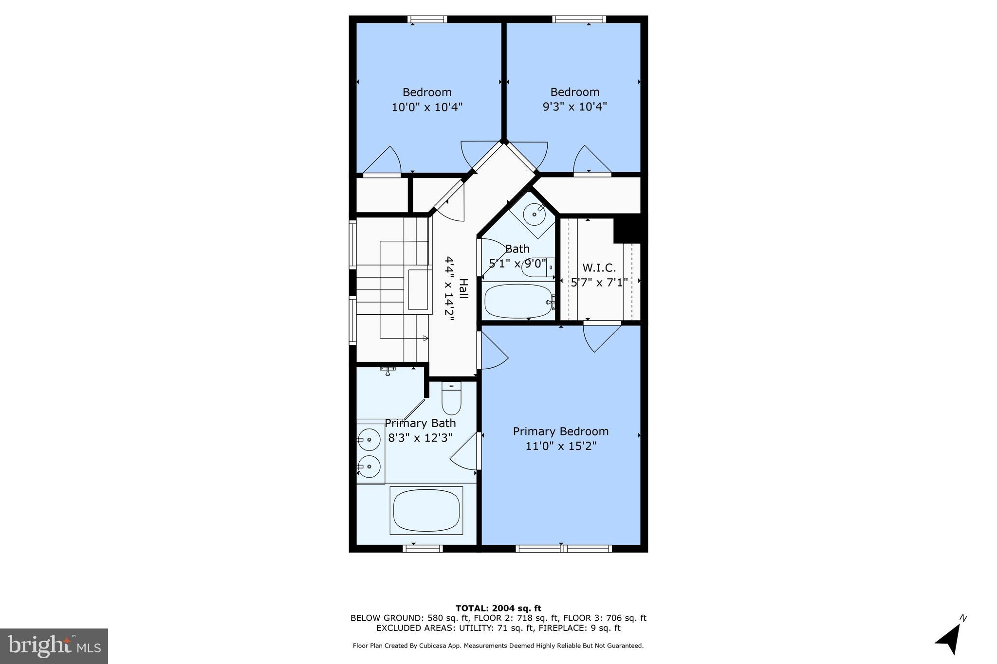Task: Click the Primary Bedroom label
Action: [x=561, y=431]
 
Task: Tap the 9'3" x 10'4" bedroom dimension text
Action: [x=574, y=107]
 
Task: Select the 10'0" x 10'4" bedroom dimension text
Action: [x=427, y=107]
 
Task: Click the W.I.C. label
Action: [x=599, y=268]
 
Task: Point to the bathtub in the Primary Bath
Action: [x=426, y=511]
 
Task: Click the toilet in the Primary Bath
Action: [x=451, y=398]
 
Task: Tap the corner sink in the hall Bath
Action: [x=534, y=215]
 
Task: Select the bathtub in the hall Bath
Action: [x=518, y=301]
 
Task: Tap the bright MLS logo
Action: [x=54, y=646]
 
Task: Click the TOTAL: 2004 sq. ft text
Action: [x=498, y=608]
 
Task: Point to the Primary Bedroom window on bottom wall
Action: [x=563, y=548]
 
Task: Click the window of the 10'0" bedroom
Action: [x=427, y=19]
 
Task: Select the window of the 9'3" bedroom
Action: [x=579, y=19]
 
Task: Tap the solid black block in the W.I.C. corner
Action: [x=629, y=229]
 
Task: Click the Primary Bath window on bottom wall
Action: [x=423, y=548]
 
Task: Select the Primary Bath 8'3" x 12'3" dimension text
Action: [x=420, y=438]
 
